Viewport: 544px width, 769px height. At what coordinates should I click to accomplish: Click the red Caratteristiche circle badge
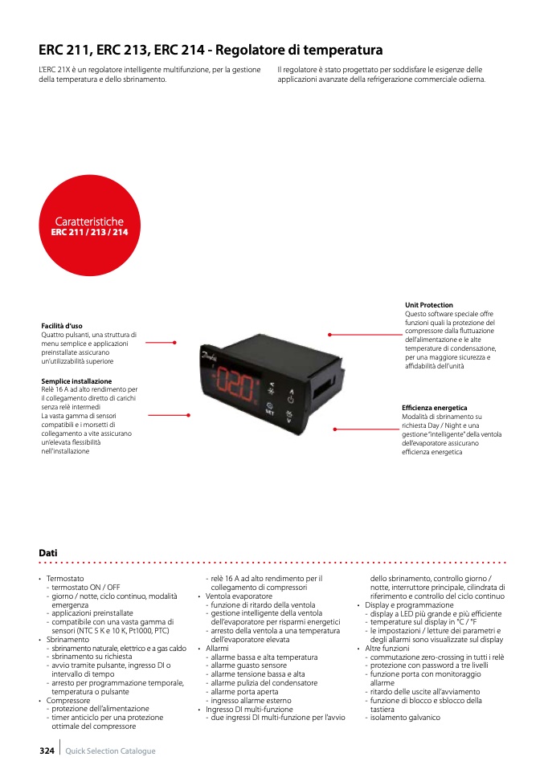click(89, 225)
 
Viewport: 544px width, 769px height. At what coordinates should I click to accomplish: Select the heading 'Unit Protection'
click(429, 305)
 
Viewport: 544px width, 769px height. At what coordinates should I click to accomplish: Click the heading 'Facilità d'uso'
click(62, 325)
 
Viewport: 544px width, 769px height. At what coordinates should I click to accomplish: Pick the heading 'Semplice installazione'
click(76, 380)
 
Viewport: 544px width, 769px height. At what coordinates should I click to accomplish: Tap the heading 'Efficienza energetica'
click(434, 408)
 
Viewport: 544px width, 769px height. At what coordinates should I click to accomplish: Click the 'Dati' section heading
click(48, 553)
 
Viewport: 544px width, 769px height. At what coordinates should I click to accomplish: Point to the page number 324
click(47, 751)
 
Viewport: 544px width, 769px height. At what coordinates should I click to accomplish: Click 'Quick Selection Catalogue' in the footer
click(110, 751)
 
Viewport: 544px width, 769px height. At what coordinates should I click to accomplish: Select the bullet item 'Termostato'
click(65, 578)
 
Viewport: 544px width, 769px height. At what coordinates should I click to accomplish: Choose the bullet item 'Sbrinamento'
click(67, 640)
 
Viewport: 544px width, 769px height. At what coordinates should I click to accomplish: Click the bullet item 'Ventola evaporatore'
click(239, 596)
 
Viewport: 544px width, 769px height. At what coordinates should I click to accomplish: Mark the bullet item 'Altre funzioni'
click(387, 648)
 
